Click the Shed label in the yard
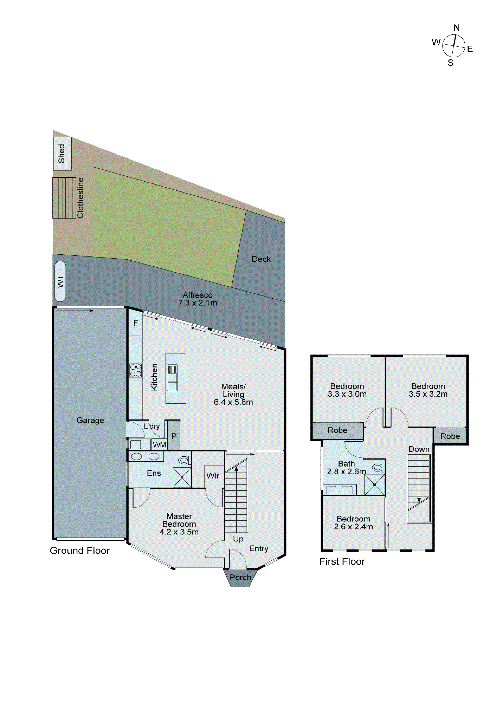point(62,153)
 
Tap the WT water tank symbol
point(60,281)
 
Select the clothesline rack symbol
point(64,198)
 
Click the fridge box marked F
point(136,323)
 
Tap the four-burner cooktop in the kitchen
point(136,370)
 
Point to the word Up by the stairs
point(238,539)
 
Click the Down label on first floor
point(419,449)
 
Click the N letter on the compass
point(456,28)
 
